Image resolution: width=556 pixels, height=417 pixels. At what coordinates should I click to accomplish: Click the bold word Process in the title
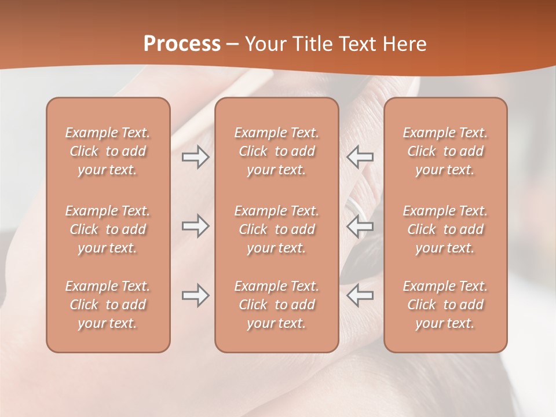point(182,44)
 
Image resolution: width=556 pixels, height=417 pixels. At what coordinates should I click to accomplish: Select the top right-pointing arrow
point(196,157)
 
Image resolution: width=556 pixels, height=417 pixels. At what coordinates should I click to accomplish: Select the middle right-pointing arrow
point(196,226)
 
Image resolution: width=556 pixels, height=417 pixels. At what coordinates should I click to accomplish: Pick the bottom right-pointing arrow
point(196,295)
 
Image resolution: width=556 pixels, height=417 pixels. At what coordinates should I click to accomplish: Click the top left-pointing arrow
point(360,157)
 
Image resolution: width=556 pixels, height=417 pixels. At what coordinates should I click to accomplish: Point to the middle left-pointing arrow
point(360,226)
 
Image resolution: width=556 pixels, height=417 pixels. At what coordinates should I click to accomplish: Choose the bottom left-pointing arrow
point(360,295)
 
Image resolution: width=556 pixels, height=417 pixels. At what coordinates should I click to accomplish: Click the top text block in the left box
point(108,151)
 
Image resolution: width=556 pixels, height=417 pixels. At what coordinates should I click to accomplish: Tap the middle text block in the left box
point(108,229)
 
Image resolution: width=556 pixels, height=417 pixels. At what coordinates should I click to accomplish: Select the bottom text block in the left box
point(108,305)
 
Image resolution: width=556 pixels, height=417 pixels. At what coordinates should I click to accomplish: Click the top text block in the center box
point(276,151)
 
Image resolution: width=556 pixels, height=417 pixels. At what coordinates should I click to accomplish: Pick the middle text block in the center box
point(276,229)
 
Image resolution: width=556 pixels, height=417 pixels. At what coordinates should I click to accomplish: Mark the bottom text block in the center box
point(276,305)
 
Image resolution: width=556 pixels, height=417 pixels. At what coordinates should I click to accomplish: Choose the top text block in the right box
point(445,151)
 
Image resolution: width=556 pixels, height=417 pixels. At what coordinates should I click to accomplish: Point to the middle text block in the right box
point(445,229)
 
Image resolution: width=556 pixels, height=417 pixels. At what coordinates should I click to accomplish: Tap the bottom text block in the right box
point(445,305)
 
